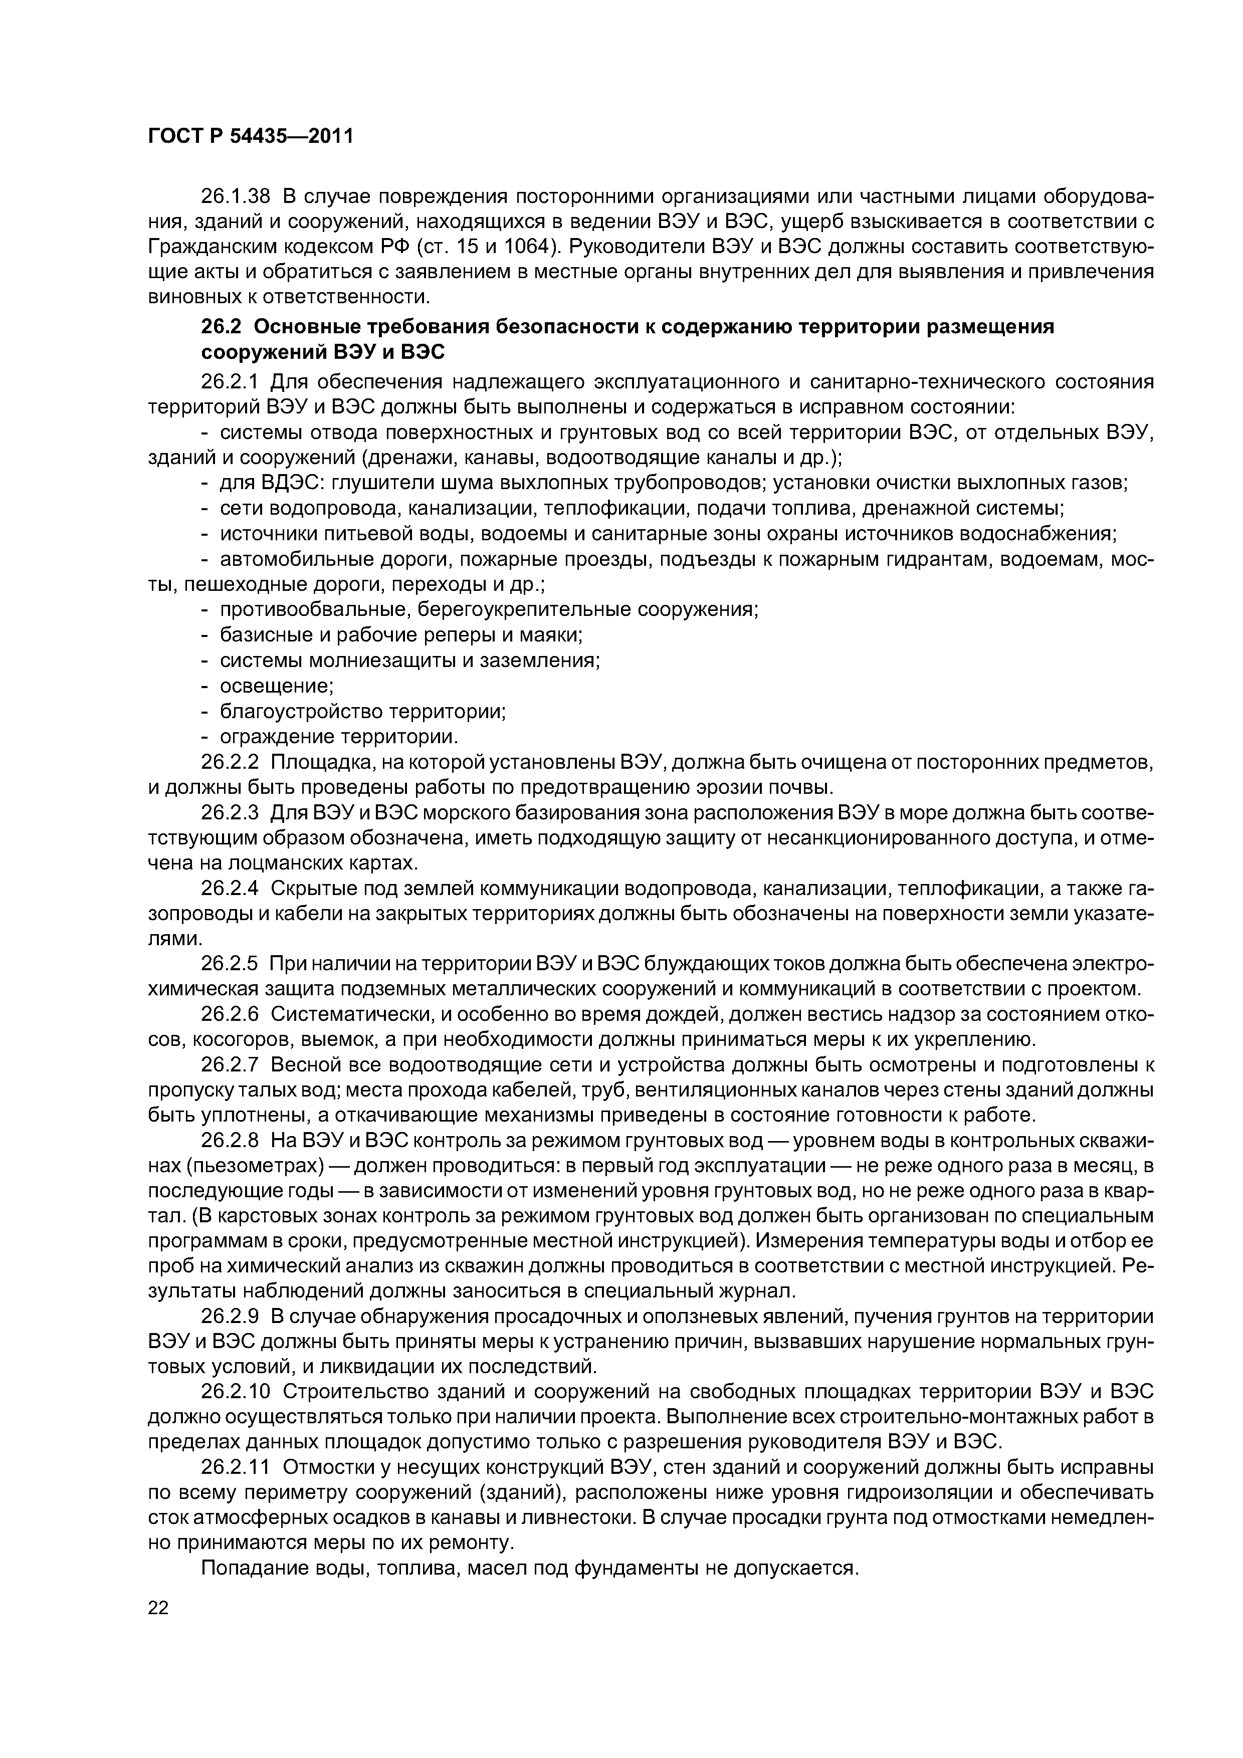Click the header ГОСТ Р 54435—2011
point(250,137)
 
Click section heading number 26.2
point(221,327)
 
